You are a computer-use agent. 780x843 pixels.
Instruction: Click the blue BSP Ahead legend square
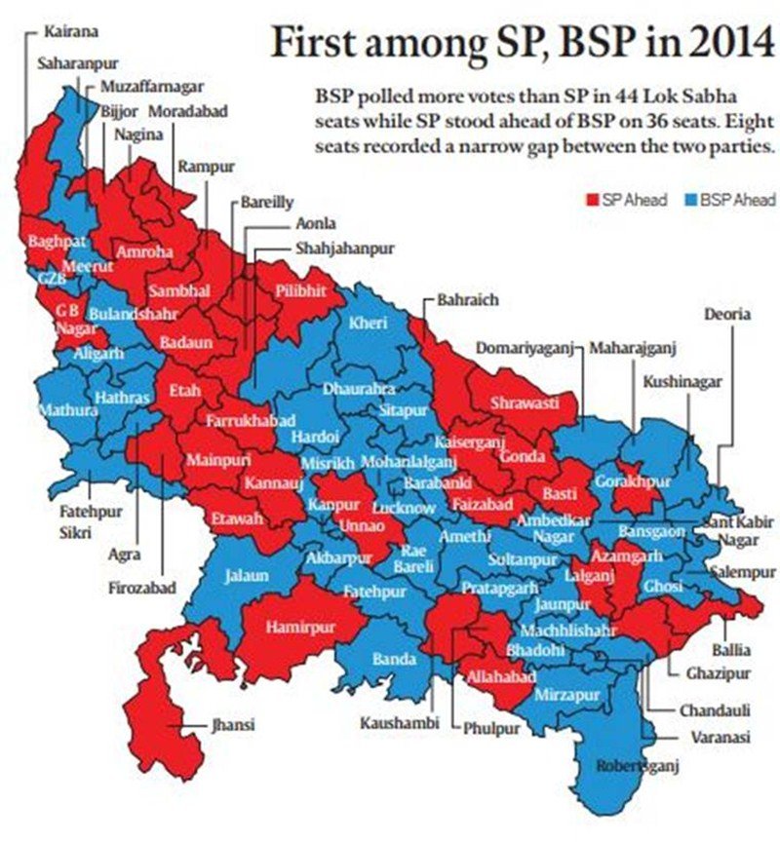pos(689,200)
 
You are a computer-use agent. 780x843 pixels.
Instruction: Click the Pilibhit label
pos(298,289)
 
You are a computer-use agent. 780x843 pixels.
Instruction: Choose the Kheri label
pos(369,323)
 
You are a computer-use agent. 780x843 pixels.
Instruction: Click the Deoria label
pos(726,314)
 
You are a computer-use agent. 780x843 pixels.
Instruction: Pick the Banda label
pos(395,660)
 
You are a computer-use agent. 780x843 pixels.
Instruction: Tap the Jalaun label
pos(246,576)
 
